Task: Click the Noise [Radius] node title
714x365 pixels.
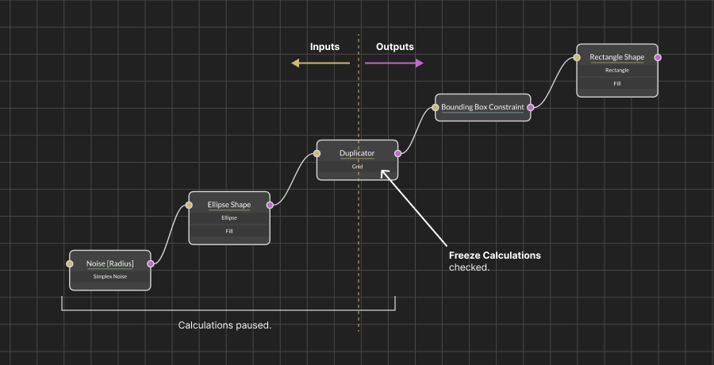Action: (x=109, y=263)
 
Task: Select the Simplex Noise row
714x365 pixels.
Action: (x=109, y=276)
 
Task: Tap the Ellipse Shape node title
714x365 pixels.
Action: (x=229, y=205)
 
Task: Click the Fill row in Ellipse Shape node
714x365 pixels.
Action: (x=229, y=231)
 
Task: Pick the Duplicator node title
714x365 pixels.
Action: (x=357, y=153)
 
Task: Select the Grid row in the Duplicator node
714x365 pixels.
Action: (x=357, y=167)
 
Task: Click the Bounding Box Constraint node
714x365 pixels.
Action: (x=482, y=106)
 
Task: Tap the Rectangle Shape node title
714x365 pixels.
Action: (x=616, y=57)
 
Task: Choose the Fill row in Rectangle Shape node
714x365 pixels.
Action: (x=616, y=83)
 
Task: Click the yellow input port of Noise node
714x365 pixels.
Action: (x=70, y=263)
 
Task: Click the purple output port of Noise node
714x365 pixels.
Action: (x=150, y=263)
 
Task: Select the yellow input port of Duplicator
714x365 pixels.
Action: (x=317, y=153)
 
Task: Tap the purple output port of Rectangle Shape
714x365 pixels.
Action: (x=657, y=57)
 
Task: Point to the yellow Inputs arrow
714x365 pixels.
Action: (x=320, y=63)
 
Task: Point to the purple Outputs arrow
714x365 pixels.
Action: (x=394, y=63)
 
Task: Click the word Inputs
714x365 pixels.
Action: (x=324, y=47)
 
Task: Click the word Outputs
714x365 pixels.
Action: (x=394, y=47)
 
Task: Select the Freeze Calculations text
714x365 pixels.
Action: (x=494, y=255)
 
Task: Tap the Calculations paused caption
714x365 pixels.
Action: (x=225, y=325)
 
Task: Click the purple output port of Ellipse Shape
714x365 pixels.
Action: (x=270, y=205)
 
